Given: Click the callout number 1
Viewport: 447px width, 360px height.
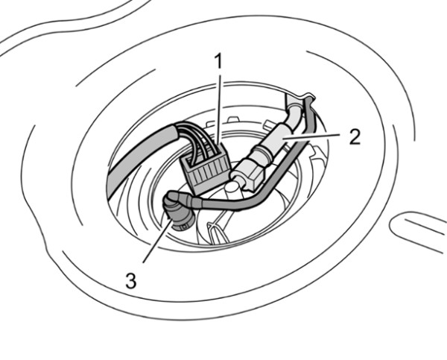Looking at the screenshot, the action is pyautogui.click(x=218, y=62).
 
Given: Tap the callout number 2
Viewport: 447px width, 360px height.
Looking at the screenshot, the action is pyautogui.click(x=355, y=137).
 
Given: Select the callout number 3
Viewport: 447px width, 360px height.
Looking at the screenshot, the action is pyautogui.click(x=131, y=280).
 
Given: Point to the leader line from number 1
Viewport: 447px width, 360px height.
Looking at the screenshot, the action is pyautogui.click(x=219, y=110).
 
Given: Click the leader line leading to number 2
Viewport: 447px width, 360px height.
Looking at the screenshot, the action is pyautogui.click(x=311, y=136).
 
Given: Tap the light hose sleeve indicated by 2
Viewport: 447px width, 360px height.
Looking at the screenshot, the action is pyautogui.click(x=281, y=136).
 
